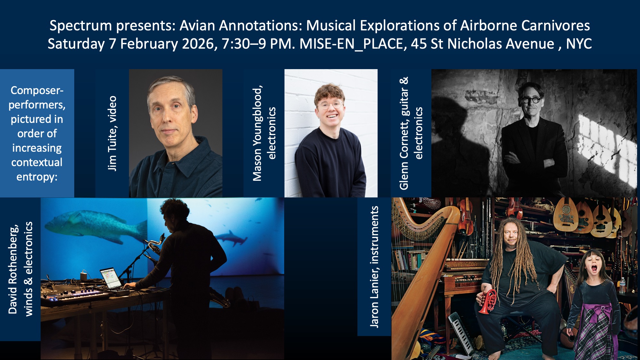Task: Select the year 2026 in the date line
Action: [198, 44]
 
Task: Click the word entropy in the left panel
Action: [36, 177]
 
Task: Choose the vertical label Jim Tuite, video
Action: [112, 133]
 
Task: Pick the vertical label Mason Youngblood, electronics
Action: [264, 133]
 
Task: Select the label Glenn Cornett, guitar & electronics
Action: [411, 133]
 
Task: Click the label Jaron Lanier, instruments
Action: [374, 267]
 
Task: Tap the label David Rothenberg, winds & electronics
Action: [20, 269]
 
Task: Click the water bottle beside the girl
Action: [622, 285]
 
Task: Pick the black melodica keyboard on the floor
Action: [461, 333]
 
